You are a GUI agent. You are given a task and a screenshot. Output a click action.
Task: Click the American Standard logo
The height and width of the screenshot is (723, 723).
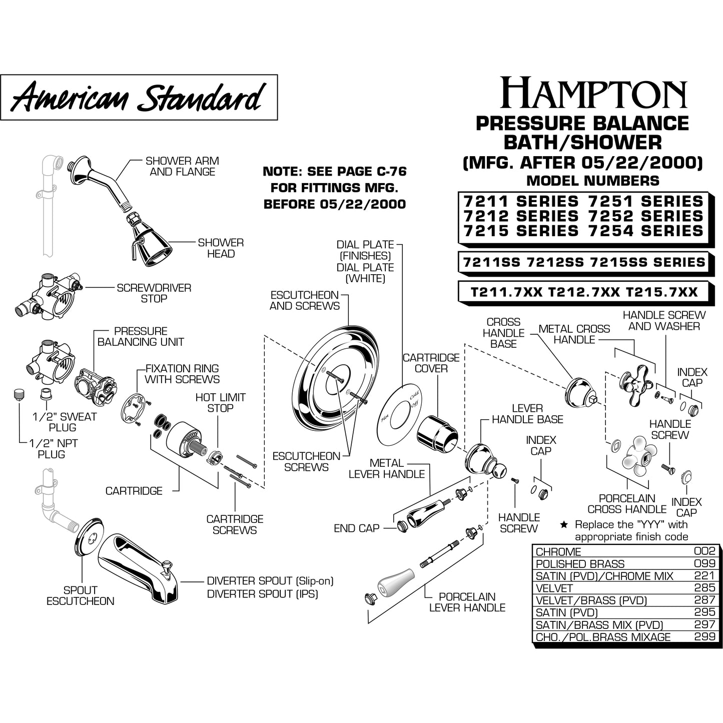coord(139,97)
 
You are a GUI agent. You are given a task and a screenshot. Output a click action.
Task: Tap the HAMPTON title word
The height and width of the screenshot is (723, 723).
coord(593,93)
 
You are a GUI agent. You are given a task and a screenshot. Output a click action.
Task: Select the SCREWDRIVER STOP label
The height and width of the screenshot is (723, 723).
coord(154,293)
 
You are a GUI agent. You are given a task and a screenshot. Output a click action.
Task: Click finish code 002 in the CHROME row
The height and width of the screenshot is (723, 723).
coord(704,551)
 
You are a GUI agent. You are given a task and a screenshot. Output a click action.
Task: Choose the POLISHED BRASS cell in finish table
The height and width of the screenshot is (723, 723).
coord(580,564)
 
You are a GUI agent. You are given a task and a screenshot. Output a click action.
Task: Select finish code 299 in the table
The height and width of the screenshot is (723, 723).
coord(704,637)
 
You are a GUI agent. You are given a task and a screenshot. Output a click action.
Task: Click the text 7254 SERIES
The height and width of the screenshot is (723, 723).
coord(646,231)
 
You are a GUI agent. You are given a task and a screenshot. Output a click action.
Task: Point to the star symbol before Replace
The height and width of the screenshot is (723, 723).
coord(564,525)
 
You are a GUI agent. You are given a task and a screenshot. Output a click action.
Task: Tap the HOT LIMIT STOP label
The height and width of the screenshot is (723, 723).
coord(220,403)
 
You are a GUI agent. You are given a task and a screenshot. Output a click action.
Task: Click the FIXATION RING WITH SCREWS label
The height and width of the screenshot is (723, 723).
coord(182,374)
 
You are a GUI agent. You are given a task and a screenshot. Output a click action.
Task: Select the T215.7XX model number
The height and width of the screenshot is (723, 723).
coord(661,292)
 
